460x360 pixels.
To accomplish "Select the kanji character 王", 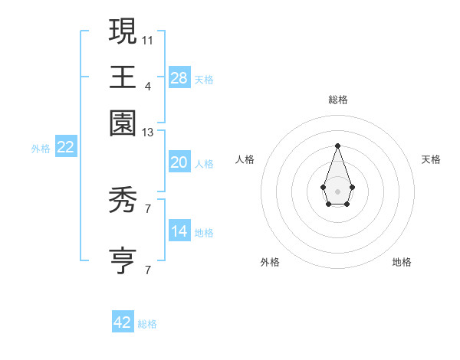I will tap(123, 77).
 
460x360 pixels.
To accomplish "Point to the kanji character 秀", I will tap(123, 202).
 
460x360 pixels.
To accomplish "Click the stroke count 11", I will tap(148, 39).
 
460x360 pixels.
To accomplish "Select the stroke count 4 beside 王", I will tap(148, 86).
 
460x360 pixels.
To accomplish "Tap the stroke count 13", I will tap(148, 133).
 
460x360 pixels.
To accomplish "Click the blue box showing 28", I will tap(179, 77).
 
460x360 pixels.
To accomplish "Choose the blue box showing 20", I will tap(179, 162).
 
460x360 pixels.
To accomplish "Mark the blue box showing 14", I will tap(179, 231).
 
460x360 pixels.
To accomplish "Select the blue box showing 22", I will tap(65, 147).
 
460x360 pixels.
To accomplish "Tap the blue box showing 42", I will tap(123, 322).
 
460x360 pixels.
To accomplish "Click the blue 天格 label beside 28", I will tap(204, 80).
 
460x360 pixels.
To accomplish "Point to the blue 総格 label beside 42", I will tap(147, 325).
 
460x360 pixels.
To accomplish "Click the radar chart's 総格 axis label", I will tap(337, 100).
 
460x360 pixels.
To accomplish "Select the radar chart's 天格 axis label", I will tap(431, 159).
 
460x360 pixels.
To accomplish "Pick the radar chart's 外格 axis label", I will tap(270, 262).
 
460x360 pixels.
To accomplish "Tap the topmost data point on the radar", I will tap(337, 146).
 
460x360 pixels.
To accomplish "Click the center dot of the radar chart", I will tap(337, 191).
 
